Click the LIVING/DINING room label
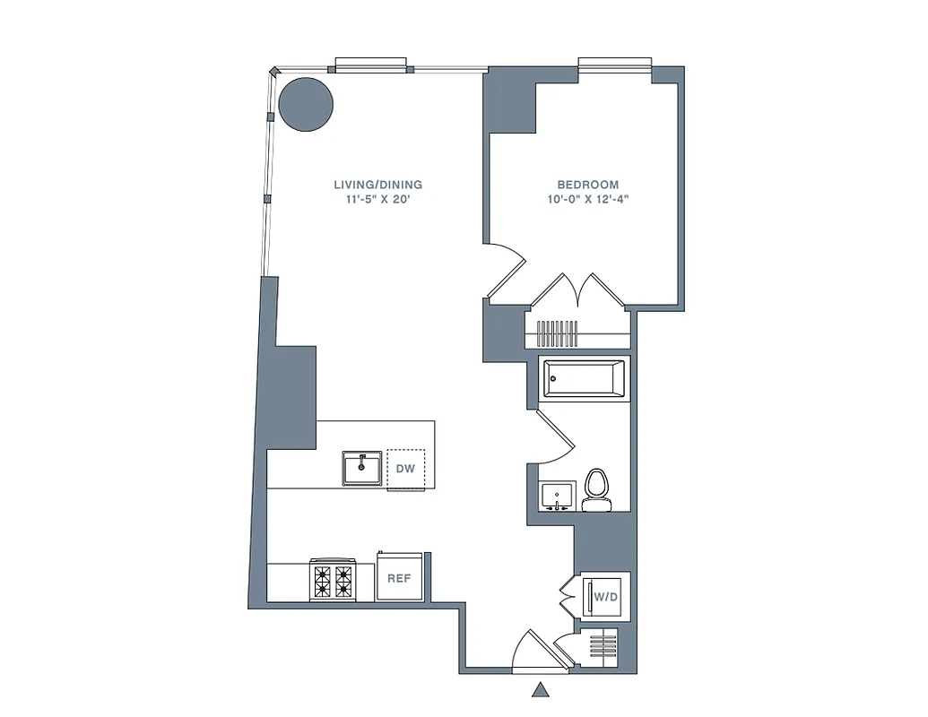tap(377, 185)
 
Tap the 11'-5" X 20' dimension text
tap(377, 200)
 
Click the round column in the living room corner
tap(306, 104)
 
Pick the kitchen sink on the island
tap(361, 468)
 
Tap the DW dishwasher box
tap(406, 469)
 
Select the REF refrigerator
tap(399, 578)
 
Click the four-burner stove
tap(333, 580)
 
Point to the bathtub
tap(583, 379)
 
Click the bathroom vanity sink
tap(557, 497)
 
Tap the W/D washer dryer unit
tap(606, 595)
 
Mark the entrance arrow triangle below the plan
tap(541, 689)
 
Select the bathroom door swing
tap(556, 435)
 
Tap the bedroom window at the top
tap(614, 63)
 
